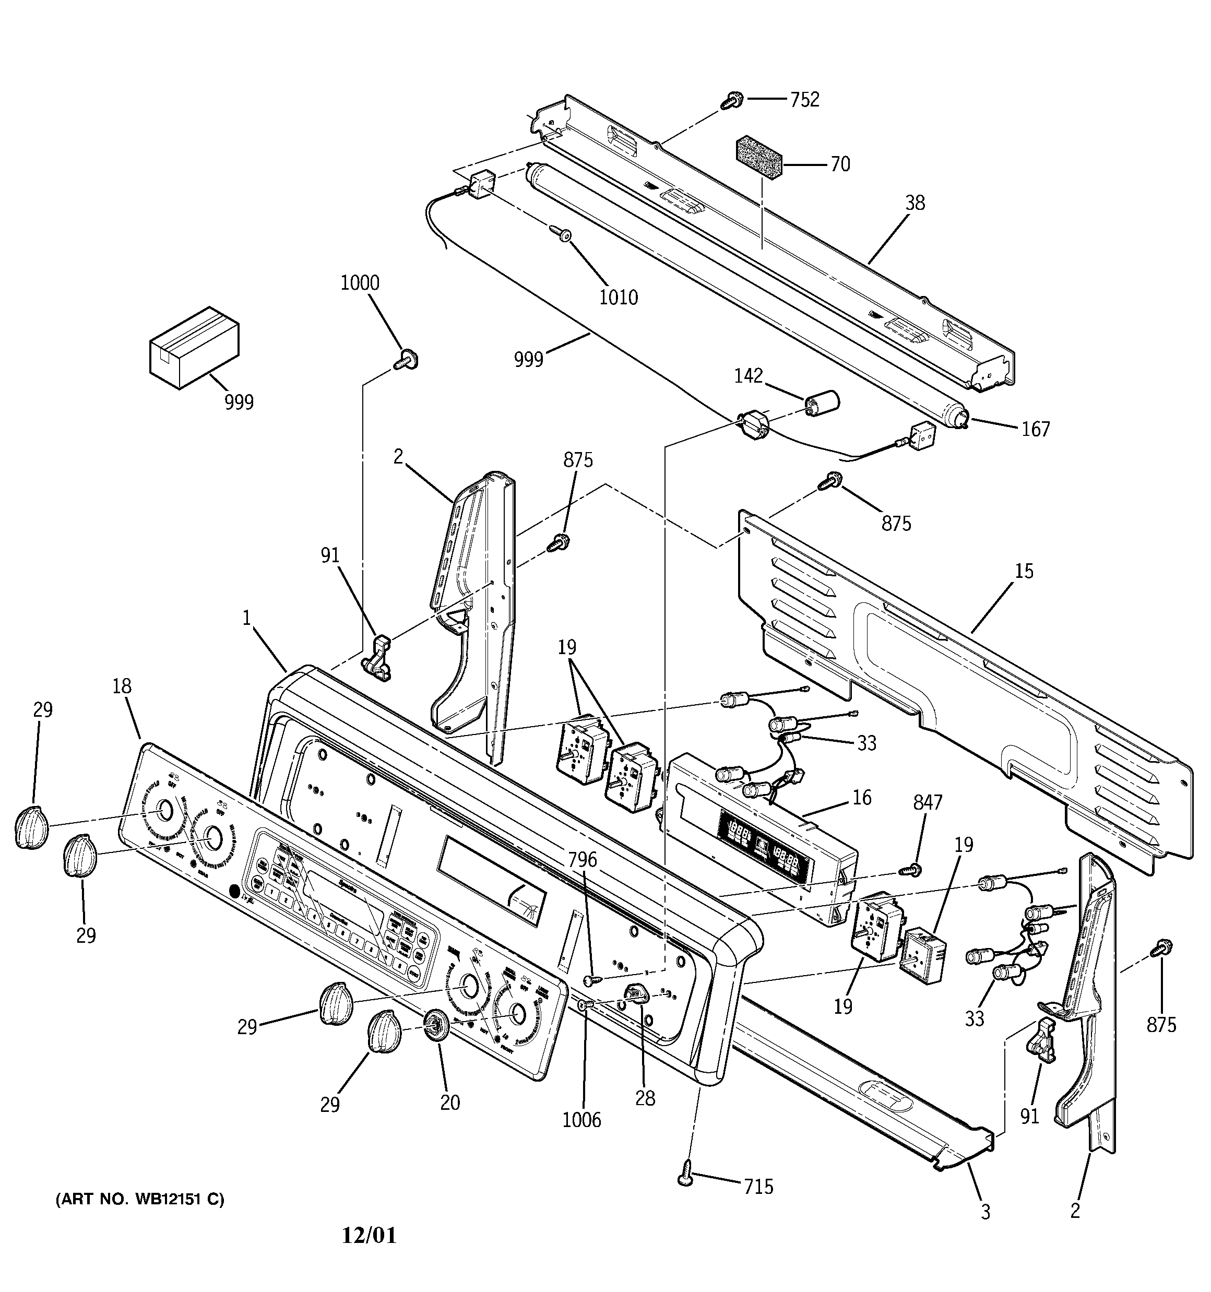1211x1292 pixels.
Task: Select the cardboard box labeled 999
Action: click(194, 348)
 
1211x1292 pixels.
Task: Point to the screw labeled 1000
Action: click(408, 359)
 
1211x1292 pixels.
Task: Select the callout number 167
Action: click(1036, 429)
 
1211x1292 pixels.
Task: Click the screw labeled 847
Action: click(914, 869)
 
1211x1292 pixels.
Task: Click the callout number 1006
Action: click(582, 1120)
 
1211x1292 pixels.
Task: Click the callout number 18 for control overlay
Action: click(122, 686)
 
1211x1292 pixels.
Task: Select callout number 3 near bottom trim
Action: click(986, 1212)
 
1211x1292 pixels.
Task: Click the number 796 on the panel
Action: click(582, 860)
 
